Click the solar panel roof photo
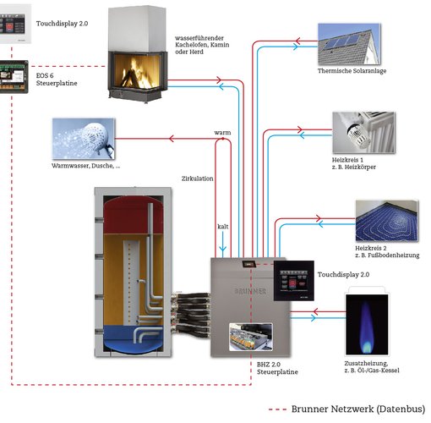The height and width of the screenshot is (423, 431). [349, 45]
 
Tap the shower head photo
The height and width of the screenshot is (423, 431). [84, 139]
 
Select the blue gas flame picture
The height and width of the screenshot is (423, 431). [367, 325]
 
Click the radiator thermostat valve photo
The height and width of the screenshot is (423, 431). [363, 133]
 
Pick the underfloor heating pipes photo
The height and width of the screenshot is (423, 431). [387, 221]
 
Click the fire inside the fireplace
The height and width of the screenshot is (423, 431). [136, 72]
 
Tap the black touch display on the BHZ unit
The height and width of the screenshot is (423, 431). [294, 281]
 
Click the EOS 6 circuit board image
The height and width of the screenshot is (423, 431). [14, 77]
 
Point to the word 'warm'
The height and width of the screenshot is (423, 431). [222, 133]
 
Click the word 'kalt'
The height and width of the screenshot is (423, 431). [223, 227]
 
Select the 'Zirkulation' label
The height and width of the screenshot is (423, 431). [197, 179]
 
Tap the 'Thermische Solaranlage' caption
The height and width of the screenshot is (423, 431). [352, 71]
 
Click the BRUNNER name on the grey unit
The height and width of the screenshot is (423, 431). [250, 291]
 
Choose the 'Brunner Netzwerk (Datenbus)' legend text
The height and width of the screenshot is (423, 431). [358, 409]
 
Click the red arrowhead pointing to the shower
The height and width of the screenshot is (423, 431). [172, 139]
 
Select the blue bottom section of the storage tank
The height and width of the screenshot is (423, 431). [134, 338]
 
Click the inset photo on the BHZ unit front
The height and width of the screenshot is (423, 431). [251, 337]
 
